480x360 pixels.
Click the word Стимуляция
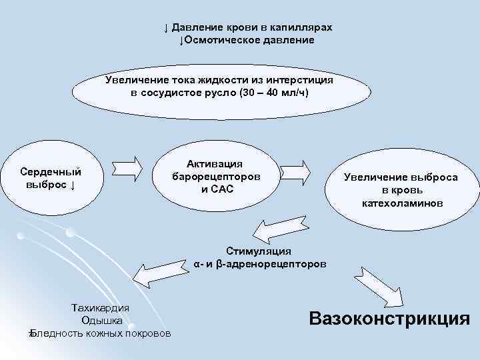[x=259, y=251]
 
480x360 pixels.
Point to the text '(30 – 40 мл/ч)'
[x=273, y=92]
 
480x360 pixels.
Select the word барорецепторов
[x=215, y=177]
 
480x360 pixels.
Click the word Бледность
[x=56, y=333]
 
